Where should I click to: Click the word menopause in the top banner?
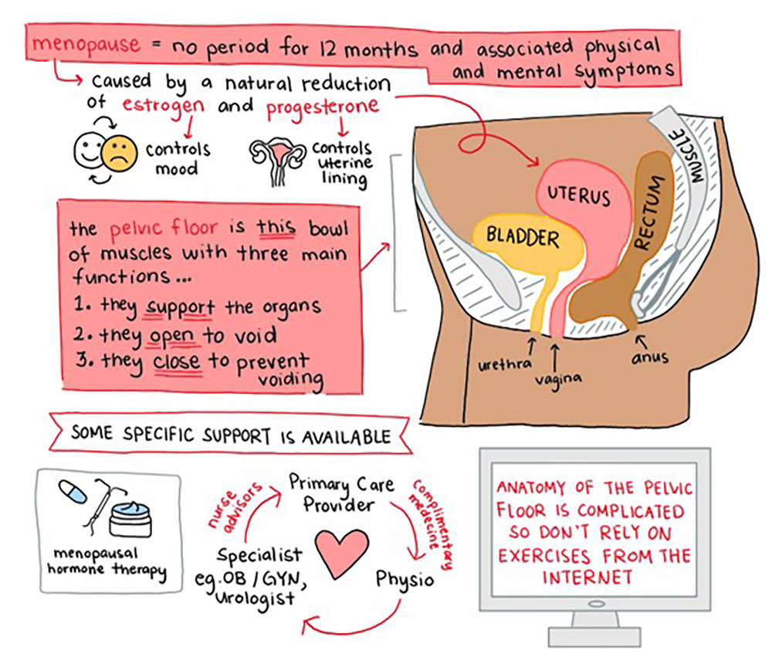[x=87, y=45]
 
